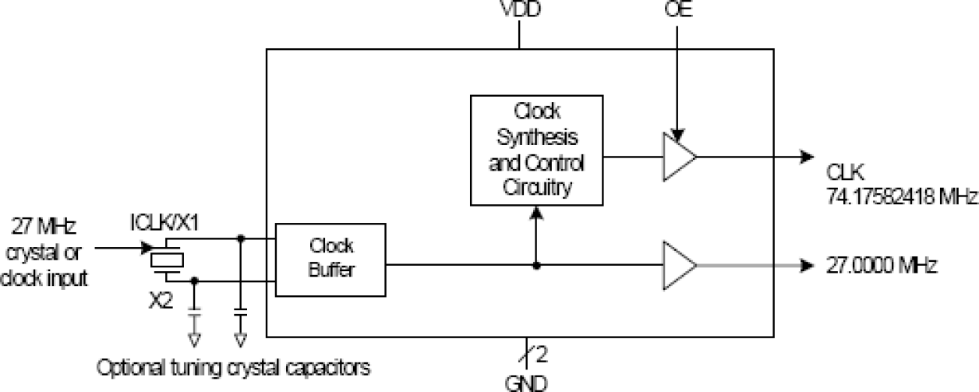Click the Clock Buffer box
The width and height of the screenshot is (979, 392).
click(x=330, y=260)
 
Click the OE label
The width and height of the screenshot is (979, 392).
click(x=678, y=10)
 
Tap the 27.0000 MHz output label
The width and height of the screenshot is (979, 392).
click(x=881, y=264)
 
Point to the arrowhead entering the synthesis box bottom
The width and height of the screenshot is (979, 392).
click(x=537, y=212)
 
